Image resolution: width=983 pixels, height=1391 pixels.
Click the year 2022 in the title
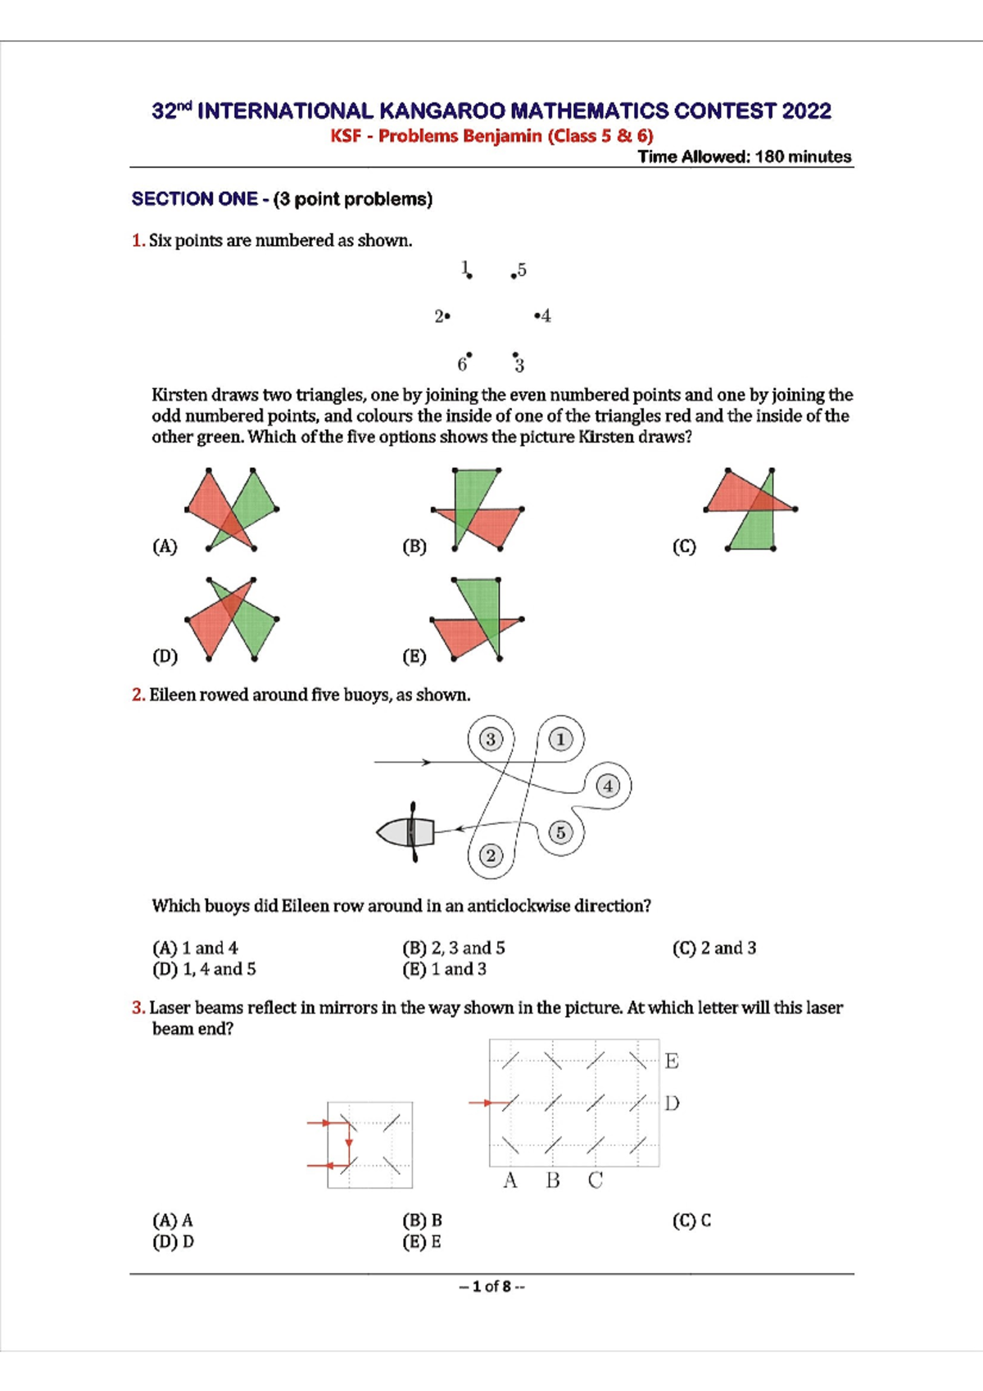pos(806,111)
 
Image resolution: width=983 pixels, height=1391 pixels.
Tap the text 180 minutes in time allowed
pos(803,156)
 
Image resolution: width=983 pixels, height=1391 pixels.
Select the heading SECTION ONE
pos(194,199)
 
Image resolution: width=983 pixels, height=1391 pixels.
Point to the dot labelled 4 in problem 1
pos(537,315)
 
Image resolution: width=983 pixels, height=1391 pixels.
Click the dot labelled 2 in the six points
pos(447,315)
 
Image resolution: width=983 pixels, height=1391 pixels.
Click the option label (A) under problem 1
pos(165,546)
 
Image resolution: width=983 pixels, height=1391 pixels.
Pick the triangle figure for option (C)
pos(750,510)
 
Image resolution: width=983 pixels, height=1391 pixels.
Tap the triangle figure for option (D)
pos(233,619)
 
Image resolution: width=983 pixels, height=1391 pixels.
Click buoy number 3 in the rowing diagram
pos(490,740)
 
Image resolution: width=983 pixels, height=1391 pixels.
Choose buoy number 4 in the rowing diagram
pos(608,786)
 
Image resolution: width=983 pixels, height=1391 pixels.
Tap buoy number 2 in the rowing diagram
pos(490,856)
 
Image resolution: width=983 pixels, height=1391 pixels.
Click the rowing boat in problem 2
pos(407,832)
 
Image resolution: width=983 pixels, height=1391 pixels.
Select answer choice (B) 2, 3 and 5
pos(454,948)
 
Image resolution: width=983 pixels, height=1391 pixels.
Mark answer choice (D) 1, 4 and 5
pos(204,969)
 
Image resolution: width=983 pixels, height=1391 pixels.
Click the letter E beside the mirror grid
pos(672,1062)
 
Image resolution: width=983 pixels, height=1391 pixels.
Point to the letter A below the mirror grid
pos(510,1180)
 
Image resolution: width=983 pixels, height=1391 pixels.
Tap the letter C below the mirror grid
pos(596,1180)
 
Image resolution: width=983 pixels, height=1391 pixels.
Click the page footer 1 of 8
pos(491,1286)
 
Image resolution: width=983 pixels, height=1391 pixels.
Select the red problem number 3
pos(138,1008)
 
